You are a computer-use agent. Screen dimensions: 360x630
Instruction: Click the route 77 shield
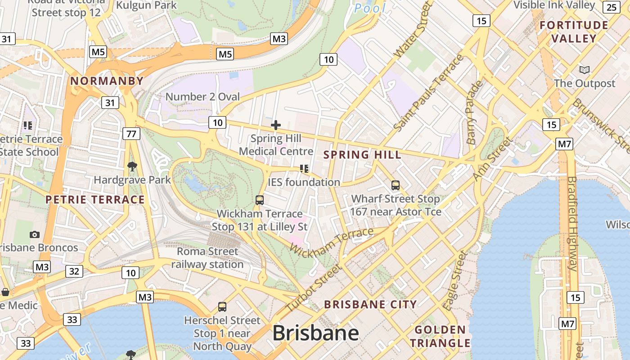131,134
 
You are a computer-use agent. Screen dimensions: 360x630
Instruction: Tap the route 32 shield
74,271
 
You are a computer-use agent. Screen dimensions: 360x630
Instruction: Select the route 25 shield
612,7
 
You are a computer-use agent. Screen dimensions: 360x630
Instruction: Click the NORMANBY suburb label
107,81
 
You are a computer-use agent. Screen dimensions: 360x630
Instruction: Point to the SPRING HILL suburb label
362,155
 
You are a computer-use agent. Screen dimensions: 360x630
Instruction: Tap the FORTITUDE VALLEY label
574,32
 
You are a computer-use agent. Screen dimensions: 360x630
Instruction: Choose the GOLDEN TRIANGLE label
440,336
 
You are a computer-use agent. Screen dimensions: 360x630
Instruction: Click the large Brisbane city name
315,333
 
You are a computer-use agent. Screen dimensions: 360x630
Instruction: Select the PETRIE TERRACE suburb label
95,200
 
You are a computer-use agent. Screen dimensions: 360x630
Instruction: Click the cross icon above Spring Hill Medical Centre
276,125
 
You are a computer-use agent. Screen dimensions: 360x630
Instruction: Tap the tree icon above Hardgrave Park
132,167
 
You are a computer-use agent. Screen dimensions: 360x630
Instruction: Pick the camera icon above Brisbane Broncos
34,234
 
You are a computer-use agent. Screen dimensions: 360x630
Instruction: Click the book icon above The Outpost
584,70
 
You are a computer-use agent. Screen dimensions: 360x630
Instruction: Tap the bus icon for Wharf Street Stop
395,185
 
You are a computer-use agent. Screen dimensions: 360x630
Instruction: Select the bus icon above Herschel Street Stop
222,307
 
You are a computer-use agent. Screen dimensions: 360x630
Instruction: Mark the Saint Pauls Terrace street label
428,94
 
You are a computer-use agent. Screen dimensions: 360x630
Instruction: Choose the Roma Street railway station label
207,258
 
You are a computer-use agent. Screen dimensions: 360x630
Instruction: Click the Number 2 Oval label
202,97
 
